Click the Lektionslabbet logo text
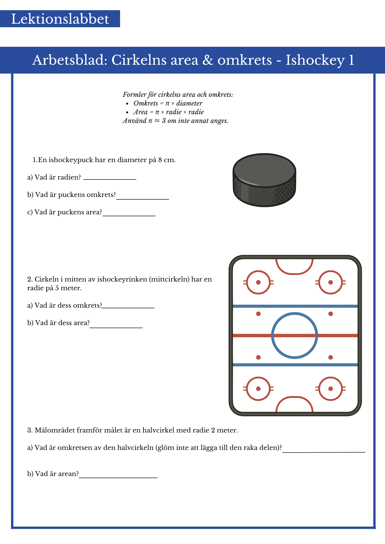[x=60, y=19]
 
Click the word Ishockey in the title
[x=315, y=60]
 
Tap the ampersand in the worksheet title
[x=207, y=60]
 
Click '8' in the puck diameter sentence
[x=160, y=160]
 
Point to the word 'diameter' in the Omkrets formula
[x=189, y=103]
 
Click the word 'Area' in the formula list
[x=140, y=112]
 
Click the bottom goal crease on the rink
[x=294, y=404]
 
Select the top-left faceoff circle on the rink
[x=258, y=282]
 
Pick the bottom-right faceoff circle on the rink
[x=331, y=389]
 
